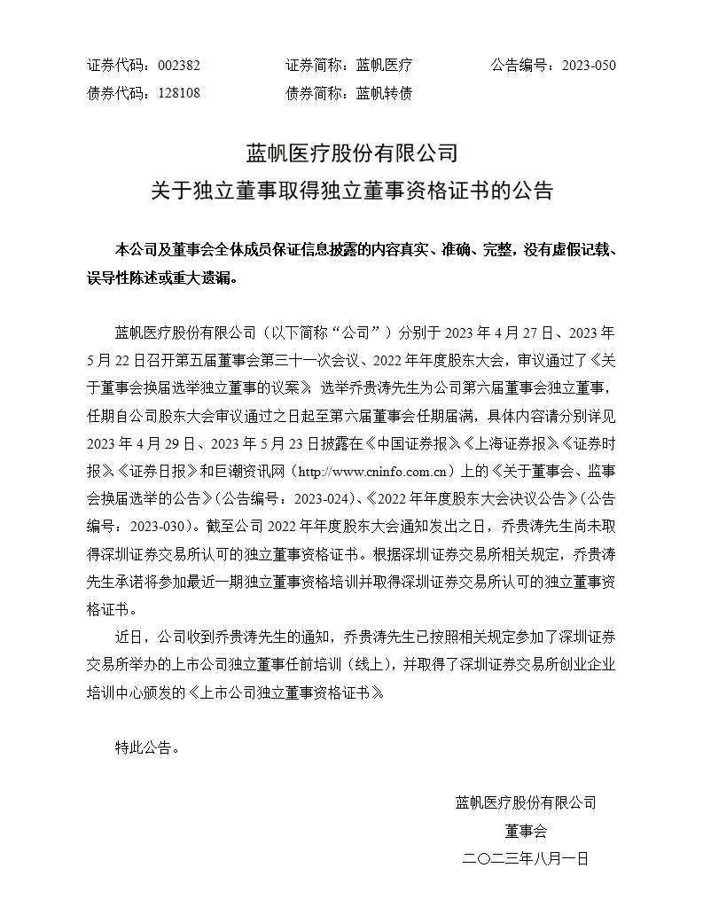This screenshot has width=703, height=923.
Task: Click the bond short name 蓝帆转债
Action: coord(384,92)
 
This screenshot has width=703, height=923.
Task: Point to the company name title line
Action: coord(352,153)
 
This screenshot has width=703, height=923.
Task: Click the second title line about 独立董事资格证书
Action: coord(352,190)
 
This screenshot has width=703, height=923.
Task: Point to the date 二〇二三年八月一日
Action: coord(526,858)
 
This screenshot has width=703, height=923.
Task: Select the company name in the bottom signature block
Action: coord(526,803)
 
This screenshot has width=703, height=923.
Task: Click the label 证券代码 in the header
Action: coord(115,65)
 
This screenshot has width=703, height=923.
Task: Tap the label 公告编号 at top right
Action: coord(519,65)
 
